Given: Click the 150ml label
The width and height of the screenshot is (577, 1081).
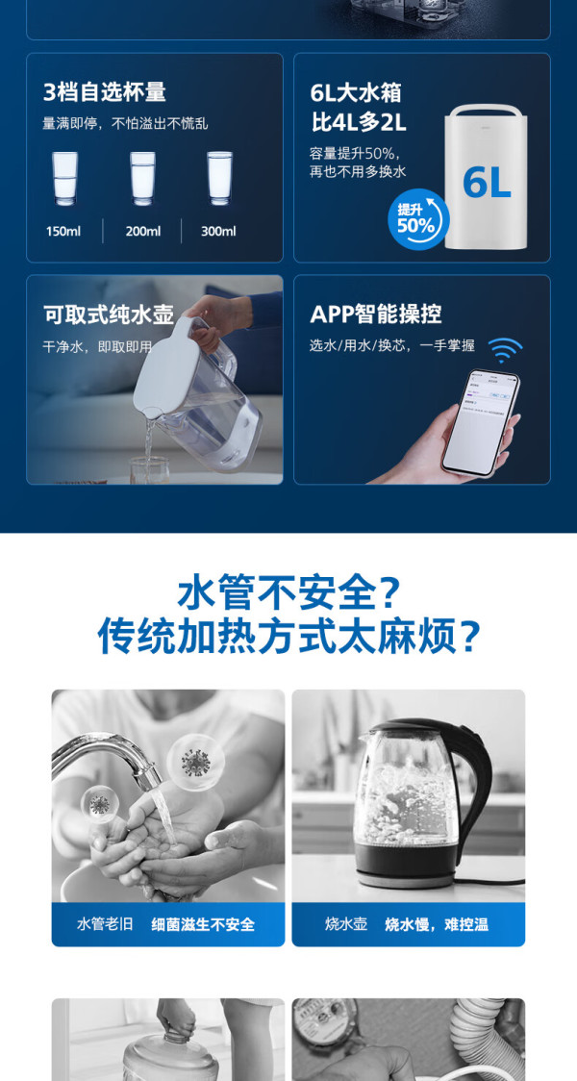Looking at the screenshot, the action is point(63,231).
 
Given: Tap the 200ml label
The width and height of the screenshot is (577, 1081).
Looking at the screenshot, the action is point(142,231).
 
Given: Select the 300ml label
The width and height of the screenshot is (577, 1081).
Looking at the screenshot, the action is point(218,231).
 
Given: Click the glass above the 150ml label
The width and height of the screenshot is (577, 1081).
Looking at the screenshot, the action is point(64,179).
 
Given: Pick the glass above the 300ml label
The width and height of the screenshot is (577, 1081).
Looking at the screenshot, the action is point(220,179).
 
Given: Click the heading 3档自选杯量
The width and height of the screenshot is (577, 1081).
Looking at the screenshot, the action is point(105,92).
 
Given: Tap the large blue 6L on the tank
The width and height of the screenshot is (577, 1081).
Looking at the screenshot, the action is point(487,183).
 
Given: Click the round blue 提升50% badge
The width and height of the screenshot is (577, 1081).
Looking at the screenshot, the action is point(417,219).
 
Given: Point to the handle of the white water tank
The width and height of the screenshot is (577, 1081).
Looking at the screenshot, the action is point(487,109).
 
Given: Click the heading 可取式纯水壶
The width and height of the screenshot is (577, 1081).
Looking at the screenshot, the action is point(109,314).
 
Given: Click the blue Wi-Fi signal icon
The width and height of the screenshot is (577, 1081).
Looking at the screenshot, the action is point(505,349).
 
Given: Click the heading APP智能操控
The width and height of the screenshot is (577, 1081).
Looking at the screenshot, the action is point(376,314).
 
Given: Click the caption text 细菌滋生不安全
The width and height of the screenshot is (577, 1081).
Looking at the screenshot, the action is point(203,924).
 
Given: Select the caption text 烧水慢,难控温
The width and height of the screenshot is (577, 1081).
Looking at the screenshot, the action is point(437,924).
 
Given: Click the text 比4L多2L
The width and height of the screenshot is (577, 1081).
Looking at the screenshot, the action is point(359,123).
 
